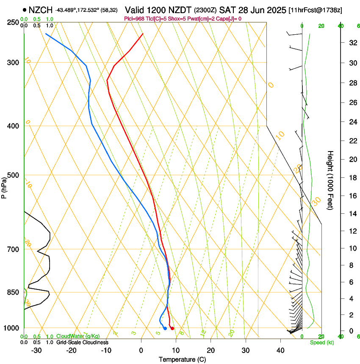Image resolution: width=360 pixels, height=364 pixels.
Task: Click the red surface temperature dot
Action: (x=172, y=328)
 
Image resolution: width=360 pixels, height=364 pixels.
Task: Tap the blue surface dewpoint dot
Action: (x=165, y=328)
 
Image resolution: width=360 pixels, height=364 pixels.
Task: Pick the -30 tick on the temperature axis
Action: (x=36, y=350)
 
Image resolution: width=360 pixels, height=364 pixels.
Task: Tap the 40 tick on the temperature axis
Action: (x=280, y=350)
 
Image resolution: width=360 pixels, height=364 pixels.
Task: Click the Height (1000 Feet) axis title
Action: (x=330, y=180)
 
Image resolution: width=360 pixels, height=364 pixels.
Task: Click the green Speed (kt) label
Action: (x=321, y=342)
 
